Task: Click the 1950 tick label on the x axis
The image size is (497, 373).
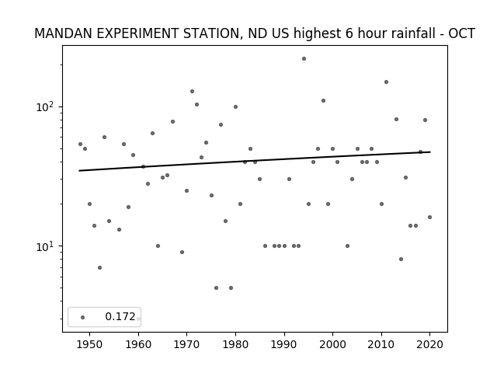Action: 90,344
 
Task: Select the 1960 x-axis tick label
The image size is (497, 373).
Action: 138,344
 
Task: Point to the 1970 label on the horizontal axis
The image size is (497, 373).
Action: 186,344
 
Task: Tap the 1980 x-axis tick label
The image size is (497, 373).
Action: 235,344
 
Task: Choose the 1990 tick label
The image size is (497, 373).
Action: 284,344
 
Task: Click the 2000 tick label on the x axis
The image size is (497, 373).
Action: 332,344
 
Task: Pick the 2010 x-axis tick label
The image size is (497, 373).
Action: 381,344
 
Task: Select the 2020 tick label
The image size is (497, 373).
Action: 429,344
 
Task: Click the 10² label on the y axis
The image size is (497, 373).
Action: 46,106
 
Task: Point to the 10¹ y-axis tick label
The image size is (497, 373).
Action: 46,246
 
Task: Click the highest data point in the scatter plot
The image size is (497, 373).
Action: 304,59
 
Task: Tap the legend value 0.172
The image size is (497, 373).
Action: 120,316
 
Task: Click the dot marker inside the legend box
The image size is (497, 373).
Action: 83,317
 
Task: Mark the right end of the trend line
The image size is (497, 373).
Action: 430,152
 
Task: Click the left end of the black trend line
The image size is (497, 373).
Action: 79,171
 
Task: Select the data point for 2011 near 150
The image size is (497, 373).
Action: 386,82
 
